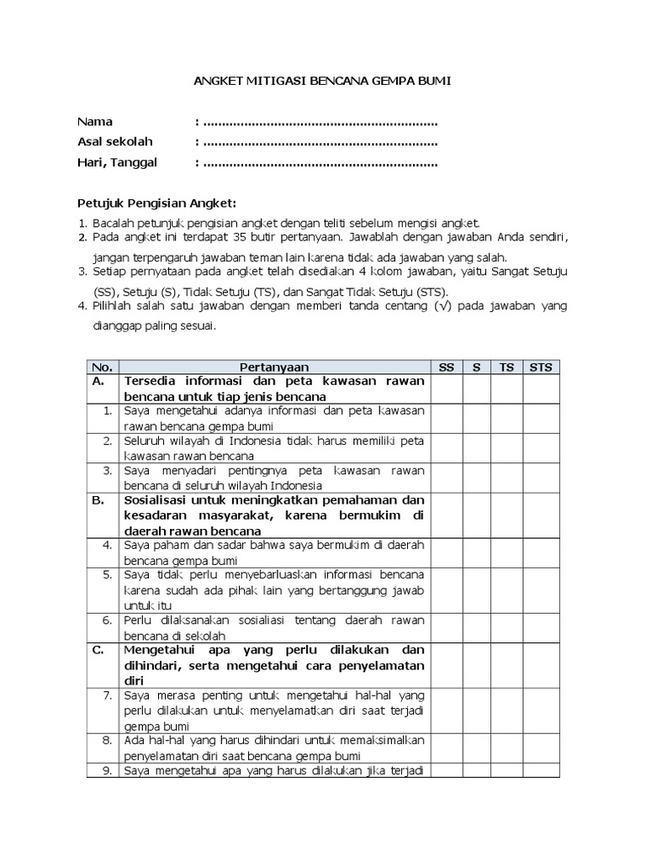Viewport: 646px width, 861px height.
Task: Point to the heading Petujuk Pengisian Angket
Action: tap(157, 203)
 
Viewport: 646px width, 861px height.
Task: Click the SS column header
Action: tap(447, 367)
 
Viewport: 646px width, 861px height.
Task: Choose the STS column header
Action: tap(541, 367)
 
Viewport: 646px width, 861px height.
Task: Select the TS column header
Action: tap(506, 367)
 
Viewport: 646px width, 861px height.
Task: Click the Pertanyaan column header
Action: tap(274, 367)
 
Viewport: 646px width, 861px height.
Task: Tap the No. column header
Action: tap(102, 367)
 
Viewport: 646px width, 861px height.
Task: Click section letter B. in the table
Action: tap(98, 500)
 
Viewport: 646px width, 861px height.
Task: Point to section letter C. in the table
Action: tap(98, 650)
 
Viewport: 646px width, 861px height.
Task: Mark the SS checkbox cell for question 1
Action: tap(447, 418)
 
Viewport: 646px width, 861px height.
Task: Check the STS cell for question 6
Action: tap(541, 627)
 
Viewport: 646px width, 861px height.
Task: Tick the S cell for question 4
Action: tap(476, 552)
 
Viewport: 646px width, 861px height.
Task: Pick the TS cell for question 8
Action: tap(506, 747)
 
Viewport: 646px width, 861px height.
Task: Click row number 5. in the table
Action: tap(108, 575)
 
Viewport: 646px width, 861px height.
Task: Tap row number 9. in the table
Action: tap(108, 770)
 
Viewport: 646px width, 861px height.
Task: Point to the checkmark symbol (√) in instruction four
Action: tap(442, 307)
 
